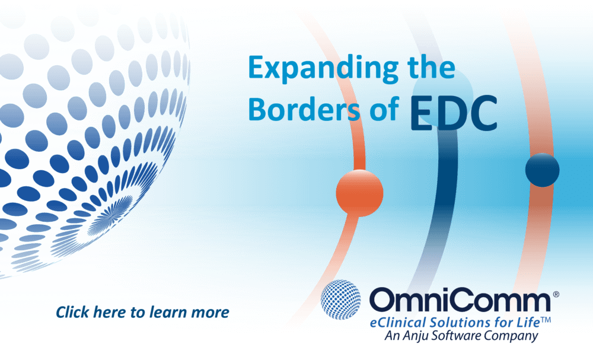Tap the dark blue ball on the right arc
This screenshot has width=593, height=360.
tap(542, 170)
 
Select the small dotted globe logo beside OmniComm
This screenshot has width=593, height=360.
tap(341, 300)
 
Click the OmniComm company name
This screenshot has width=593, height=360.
tap(459, 301)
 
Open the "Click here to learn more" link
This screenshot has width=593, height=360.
tap(142, 312)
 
